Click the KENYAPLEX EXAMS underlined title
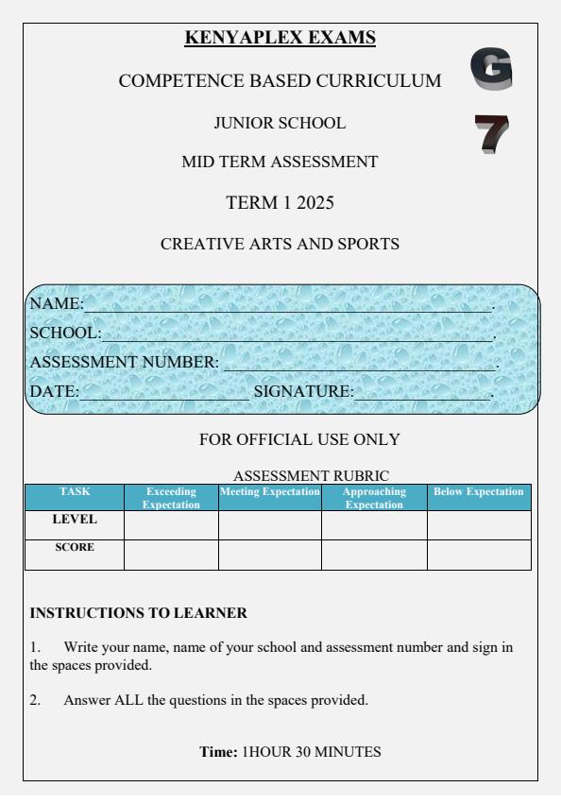click(x=280, y=38)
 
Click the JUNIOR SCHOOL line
click(x=280, y=123)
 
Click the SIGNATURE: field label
click(x=297, y=390)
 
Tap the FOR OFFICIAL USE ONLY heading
click(x=299, y=439)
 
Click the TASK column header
click(x=75, y=492)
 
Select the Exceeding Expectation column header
click(x=171, y=498)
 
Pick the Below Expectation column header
click(x=478, y=492)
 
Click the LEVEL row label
click(x=75, y=520)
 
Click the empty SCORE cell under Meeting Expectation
click(x=269, y=555)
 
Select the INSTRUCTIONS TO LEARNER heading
click(x=138, y=613)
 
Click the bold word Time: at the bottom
click(x=218, y=752)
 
